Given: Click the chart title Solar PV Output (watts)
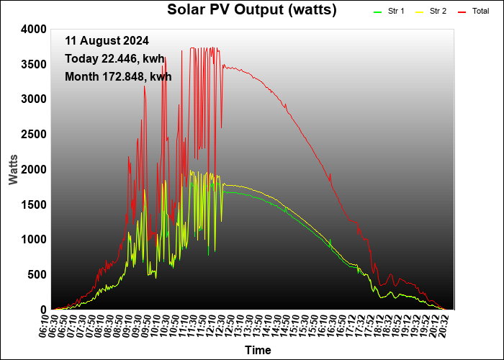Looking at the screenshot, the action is click(252, 9).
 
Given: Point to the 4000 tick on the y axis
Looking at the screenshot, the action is click(34, 30).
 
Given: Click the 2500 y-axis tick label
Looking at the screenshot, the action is click(34, 135).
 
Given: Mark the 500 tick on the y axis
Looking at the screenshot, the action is click(37, 275).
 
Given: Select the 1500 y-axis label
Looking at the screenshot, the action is click(34, 204).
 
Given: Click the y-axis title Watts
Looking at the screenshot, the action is click(13, 170).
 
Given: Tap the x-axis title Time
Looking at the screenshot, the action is click(258, 350).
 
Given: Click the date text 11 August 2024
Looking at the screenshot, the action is click(107, 41).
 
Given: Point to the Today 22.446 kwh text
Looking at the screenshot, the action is click(114, 59).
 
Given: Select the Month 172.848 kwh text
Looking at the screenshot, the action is click(118, 77).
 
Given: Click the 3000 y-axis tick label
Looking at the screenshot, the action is click(34, 99).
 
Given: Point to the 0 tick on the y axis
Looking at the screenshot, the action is click(44, 310).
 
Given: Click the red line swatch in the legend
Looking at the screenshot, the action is click(462, 12).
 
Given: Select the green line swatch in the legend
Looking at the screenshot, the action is click(377, 12).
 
